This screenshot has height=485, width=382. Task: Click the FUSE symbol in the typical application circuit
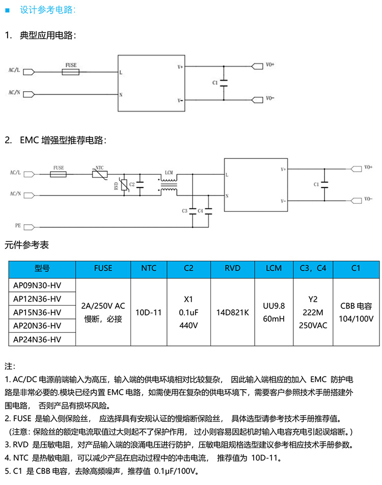(71, 72)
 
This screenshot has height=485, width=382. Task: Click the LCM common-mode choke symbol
(168, 184)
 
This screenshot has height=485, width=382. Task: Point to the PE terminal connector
(29, 225)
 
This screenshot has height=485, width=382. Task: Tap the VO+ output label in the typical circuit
(270, 65)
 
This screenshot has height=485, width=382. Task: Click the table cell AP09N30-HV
(37, 285)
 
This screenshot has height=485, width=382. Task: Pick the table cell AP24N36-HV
(37, 339)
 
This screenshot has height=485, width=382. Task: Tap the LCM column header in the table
(274, 268)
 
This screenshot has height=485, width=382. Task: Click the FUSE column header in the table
(103, 268)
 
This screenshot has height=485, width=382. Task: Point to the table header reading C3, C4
(313, 268)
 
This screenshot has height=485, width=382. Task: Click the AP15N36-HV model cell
(37, 312)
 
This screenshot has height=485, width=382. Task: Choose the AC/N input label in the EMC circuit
(15, 194)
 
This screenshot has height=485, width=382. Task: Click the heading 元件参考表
(27, 245)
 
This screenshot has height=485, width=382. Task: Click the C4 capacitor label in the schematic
(200, 210)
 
